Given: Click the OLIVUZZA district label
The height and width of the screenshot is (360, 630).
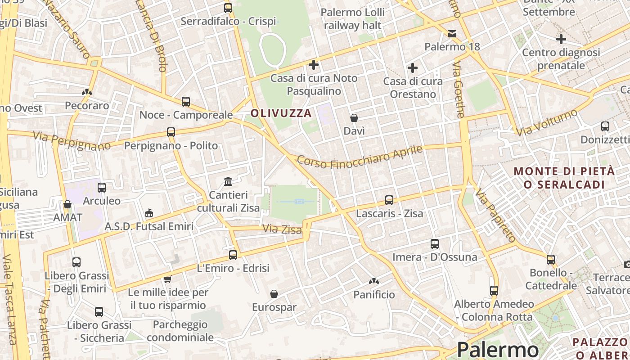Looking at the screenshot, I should (x=281, y=113).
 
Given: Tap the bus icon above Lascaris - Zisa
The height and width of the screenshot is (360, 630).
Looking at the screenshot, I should (x=389, y=200).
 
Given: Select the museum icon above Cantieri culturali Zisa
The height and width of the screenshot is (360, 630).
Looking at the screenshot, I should (x=228, y=182).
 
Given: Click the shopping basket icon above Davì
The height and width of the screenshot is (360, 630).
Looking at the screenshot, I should (x=354, y=118).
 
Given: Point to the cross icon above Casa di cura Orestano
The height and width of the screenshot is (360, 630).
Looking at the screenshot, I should (x=412, y=68).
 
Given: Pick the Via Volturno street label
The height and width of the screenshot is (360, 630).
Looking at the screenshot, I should (x=547, y=122).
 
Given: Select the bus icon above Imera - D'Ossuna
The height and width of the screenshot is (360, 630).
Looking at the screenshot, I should (x=434, y=244).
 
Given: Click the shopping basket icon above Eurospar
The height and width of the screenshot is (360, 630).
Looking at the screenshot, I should (x=274, y=294).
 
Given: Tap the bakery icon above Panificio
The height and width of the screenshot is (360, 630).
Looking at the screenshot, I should (x=373, y=282).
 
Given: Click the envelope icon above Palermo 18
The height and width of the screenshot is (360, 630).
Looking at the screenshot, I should (x=452, y=34).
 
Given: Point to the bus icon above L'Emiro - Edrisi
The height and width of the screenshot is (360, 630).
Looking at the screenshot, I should (x=233, y=255).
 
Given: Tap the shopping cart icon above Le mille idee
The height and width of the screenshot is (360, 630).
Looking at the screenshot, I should (x=168, y=279).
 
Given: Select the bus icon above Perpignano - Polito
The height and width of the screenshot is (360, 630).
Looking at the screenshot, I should (x=171, y=132).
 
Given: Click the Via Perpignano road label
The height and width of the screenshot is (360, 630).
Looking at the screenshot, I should (x=72, y=140).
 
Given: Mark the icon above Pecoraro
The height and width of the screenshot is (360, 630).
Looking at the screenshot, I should (x=87, y=92).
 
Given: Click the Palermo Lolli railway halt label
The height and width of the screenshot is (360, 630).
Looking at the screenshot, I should (x=353, y=18).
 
